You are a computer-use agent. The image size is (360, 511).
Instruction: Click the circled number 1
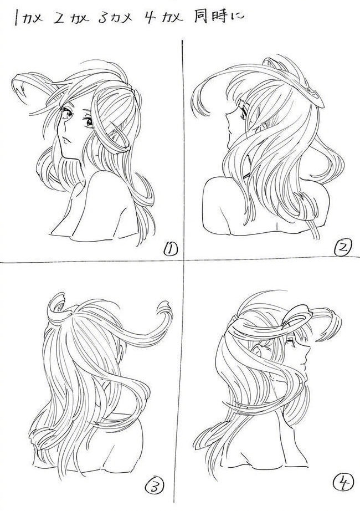tap(170, 249)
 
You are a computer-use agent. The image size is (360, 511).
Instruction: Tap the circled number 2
tap(343, 248)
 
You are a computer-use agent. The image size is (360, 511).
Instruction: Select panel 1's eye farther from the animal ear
tap(89, 122)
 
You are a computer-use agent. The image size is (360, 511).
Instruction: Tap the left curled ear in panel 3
tap(59, 306)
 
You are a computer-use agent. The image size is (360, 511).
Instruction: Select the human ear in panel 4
tap(258, 351)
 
